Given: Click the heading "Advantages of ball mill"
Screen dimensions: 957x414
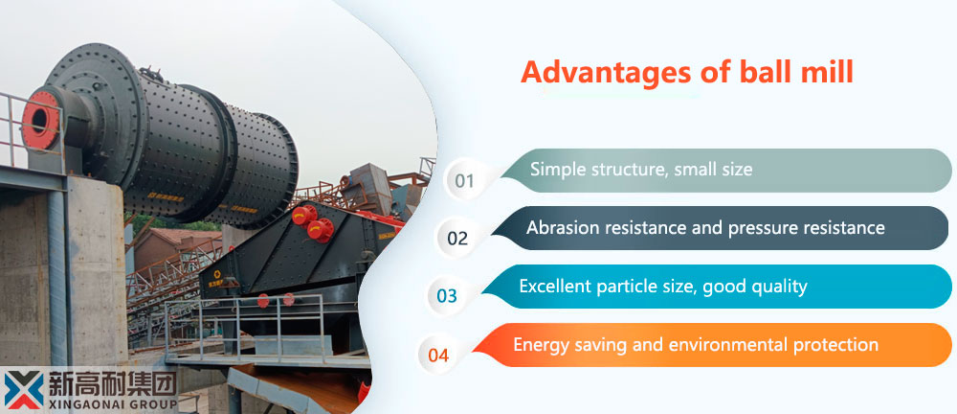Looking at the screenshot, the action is coord(686,72).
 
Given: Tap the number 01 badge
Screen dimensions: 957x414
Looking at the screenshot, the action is coord(464,180).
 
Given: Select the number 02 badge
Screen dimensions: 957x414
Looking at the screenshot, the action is coord(457,238).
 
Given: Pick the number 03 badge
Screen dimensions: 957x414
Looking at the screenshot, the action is coord(447,296).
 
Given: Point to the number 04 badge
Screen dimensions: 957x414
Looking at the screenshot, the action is coord(438,355).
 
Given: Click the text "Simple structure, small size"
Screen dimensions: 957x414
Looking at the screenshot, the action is coord(641,170).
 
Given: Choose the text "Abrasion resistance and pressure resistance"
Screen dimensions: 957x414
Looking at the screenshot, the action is coord(705,227).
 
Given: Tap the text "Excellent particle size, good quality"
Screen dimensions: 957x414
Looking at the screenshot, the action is coord(663,286).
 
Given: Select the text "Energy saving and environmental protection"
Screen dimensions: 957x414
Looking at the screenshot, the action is coord(695,344).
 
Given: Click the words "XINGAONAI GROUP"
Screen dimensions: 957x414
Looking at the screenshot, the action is coord(112,404).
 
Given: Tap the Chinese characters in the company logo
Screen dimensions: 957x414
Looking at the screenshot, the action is coord(112,382).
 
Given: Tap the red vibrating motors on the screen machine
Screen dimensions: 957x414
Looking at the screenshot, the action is coord(313,223).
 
